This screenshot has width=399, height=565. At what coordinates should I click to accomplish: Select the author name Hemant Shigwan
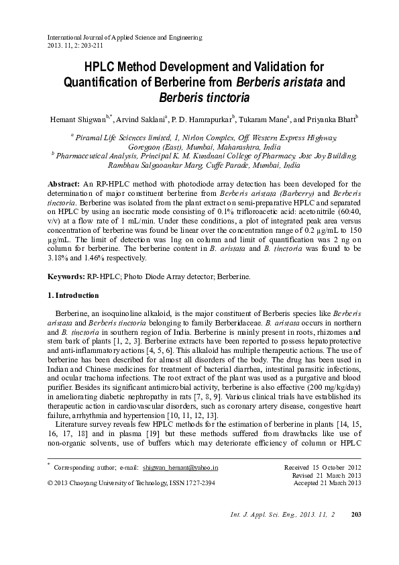[x=72, y=118]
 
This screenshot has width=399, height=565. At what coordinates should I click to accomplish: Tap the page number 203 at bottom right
[x=356, y=533]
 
